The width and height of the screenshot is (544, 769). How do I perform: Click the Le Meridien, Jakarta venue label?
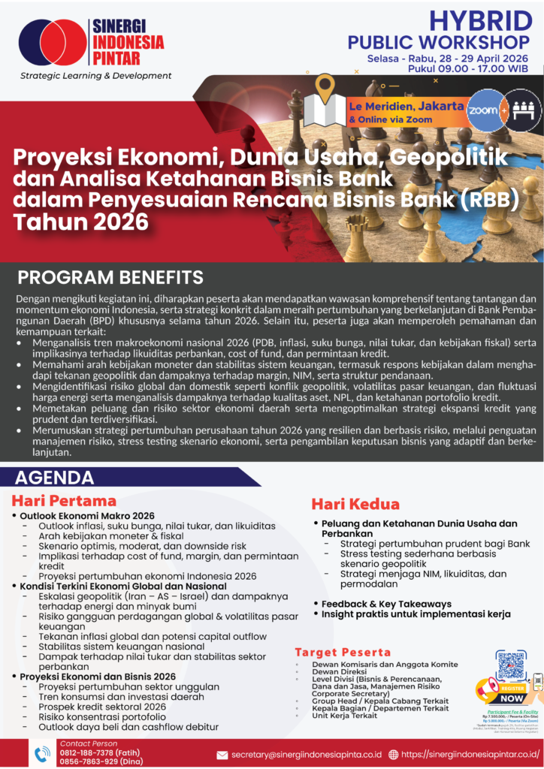(406, 106)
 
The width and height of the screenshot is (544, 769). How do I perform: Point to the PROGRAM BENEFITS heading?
(110, 277)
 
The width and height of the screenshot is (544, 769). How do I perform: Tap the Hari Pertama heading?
(64, 500)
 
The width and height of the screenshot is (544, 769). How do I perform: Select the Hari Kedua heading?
(355, 504)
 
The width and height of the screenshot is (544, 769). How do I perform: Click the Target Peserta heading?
(343, 652)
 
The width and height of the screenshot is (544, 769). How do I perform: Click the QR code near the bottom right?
(511, 667)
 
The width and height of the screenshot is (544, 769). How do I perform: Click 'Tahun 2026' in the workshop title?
(81, 222)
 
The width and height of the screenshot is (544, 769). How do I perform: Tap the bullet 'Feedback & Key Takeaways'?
(386, 604)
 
